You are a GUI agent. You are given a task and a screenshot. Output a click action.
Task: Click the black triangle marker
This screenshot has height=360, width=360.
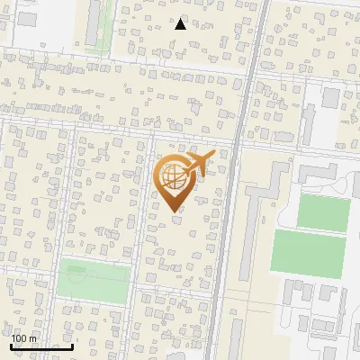[x=180, y=24]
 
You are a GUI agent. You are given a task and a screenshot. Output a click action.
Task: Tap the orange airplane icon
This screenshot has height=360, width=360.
[x=202, y=163]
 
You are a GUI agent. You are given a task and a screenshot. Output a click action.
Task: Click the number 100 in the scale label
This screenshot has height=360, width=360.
[x=18, y=338]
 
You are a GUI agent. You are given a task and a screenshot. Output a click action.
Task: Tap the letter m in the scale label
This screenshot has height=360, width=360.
[x=32, y=338]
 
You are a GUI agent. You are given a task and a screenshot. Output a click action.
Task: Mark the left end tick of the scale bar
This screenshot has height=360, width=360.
[x=12, y=346]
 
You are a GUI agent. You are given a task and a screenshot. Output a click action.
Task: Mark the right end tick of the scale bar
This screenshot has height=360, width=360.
[x=72, y=346]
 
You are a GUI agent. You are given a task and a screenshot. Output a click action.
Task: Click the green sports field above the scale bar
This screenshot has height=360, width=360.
[x=94, y=281]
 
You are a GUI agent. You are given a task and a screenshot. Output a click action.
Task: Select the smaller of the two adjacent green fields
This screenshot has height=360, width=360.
[x=323, y=212]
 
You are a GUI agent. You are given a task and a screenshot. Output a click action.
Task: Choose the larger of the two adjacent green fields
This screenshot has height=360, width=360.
[x=309, y=253]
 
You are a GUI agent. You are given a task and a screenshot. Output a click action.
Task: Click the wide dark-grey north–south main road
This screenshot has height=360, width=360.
[x=229, y=225]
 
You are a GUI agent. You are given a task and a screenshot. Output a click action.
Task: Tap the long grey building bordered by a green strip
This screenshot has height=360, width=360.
[x=93, y=22]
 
